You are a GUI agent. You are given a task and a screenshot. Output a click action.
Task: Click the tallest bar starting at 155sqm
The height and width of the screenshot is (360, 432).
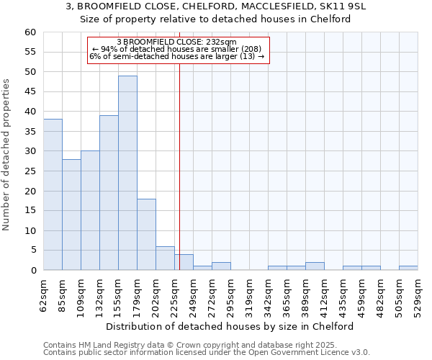(x=127, y=173)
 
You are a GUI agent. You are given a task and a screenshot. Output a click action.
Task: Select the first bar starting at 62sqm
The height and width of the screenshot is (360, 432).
(x=53, y=194)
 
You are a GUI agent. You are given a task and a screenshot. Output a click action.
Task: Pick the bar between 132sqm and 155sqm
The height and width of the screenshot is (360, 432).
(x=109, y=193)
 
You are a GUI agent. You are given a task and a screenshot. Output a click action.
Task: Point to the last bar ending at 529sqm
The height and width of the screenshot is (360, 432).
(x=408, y=268)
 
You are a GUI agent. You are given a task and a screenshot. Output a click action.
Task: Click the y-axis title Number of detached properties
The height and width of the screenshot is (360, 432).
(x=6, y=155)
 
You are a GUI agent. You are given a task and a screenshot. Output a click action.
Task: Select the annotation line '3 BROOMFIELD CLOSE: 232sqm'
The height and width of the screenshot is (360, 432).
(x=176, y=42)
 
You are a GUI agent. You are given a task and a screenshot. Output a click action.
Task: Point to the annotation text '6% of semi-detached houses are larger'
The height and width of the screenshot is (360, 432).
(x=176, y=56)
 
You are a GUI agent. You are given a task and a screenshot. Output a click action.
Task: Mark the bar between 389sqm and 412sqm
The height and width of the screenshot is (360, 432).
(x=315, y=266)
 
